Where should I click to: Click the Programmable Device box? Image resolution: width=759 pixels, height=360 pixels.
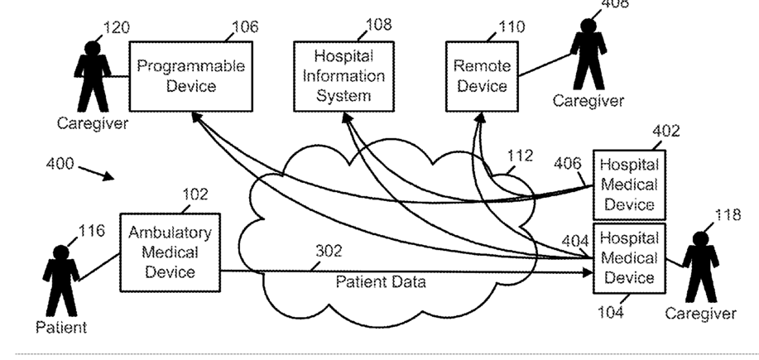(x=190, y=76)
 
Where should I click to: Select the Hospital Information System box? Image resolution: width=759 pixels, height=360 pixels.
(x=343, y=76)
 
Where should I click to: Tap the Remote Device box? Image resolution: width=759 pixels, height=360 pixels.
(x=482, y=76)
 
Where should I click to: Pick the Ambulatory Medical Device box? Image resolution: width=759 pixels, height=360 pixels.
(x=170, y=252)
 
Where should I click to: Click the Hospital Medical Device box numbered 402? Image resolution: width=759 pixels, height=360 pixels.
(x=629, y=185)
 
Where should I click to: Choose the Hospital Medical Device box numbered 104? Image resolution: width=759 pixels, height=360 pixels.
(x=629, y=258)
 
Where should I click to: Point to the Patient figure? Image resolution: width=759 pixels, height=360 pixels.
(x=61, y=281)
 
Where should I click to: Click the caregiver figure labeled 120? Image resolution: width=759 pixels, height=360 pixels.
(x=93, y=76)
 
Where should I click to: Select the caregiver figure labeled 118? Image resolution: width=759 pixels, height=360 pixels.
(x=700, y=267)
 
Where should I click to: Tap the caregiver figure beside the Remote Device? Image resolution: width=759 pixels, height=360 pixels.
(x=588, y=54)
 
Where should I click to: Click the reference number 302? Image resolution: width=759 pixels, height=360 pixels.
(x=329, y=251)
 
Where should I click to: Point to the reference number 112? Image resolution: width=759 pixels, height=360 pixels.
(x=520, y=156)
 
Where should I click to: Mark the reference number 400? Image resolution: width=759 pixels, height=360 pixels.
(x=60, y=164)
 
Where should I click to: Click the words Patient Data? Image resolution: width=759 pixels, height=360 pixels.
(x=381, y=281)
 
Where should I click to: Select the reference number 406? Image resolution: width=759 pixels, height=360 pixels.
(x=568, y=164)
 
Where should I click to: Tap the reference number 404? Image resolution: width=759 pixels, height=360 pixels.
(x=575, y=241)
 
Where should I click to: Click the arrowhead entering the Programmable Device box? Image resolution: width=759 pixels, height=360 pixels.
(x=195, y=117)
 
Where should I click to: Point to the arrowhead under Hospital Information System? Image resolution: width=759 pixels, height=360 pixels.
(x=346, y=117)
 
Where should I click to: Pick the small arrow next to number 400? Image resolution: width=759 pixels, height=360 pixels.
(x=96, y=173)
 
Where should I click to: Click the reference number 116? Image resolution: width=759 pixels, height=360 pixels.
(x=91, y=230)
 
